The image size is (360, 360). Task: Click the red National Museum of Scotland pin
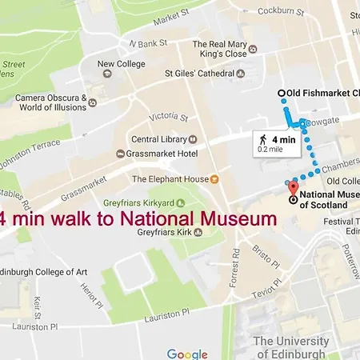(x=292, y=189)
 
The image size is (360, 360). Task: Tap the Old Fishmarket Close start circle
(x=281, y=94)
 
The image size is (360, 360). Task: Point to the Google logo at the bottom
(x=187, y=354)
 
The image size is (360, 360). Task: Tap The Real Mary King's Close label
(x=225, y=49)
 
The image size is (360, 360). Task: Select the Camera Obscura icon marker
(x=93, y=102)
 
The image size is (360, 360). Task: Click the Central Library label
(x=160, y=138)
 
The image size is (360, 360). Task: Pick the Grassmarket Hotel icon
(x=120, y=153)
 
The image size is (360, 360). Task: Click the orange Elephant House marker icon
(x=214, y=179)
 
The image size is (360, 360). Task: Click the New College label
(x=122, y=64)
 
